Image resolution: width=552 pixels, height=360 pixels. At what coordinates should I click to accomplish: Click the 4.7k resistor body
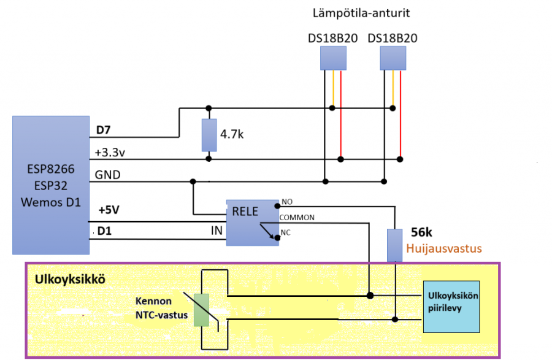(209, 136)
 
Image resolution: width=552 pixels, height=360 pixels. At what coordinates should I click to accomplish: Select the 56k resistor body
(395, 245)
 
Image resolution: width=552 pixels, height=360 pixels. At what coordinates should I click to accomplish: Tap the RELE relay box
(251, 222)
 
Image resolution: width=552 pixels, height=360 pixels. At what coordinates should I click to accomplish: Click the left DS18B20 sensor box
(333, 58)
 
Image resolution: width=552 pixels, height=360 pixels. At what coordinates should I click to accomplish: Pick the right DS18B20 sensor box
(393, 58)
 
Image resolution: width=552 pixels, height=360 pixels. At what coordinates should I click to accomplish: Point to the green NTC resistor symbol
(201, 309)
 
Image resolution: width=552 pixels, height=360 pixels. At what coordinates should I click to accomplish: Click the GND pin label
(107, 175)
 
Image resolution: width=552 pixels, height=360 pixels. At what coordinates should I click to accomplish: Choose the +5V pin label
(110, 210)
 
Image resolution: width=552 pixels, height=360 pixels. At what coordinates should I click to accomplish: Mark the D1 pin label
(105, 231)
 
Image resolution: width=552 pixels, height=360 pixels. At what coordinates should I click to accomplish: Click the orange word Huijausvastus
(445, 249)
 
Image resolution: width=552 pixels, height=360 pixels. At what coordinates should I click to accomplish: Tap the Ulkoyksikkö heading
(66, 279)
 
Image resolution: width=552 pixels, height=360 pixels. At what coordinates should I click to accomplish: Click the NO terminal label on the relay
(286, 202)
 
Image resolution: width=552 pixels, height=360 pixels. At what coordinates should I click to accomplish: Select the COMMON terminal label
(297, 217)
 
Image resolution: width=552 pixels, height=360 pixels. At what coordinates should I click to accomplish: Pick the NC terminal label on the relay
(285, 232)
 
